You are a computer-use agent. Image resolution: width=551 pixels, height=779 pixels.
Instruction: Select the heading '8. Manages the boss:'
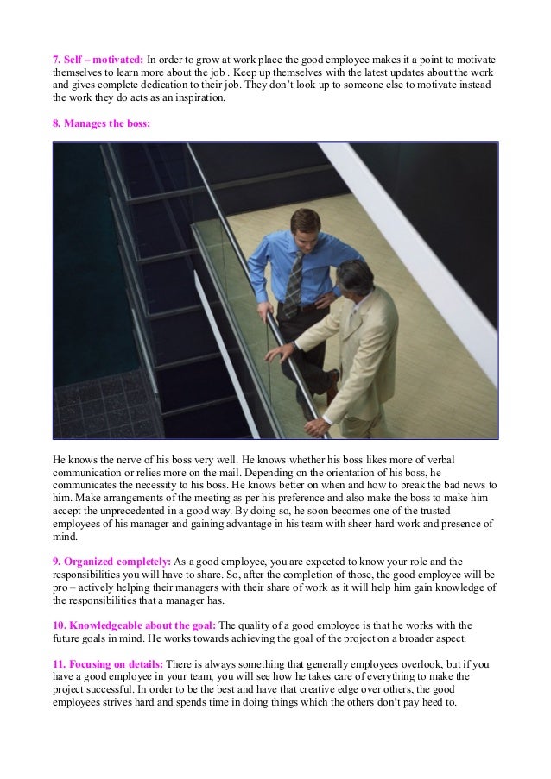(x=101, y=123)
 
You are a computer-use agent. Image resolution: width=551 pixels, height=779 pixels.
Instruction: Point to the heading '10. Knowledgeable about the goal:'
(x=134, y=625)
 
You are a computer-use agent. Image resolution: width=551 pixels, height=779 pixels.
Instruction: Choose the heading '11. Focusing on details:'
(x=108, y=664)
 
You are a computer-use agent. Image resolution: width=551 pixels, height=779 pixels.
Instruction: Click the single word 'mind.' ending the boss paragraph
(x=66, y=537)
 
